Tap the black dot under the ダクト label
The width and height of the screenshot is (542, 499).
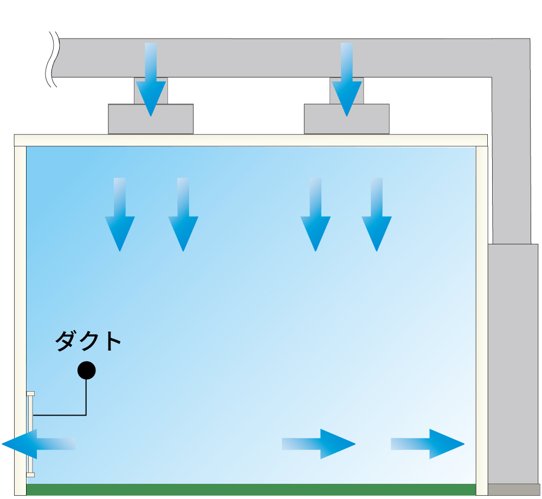86,371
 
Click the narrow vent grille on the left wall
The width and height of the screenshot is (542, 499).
30,434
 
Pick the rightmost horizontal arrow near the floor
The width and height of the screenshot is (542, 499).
428,444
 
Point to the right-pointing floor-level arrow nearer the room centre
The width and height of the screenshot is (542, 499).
318,444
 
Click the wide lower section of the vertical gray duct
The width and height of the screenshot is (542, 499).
514,363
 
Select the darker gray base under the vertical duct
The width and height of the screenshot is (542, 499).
514,489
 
